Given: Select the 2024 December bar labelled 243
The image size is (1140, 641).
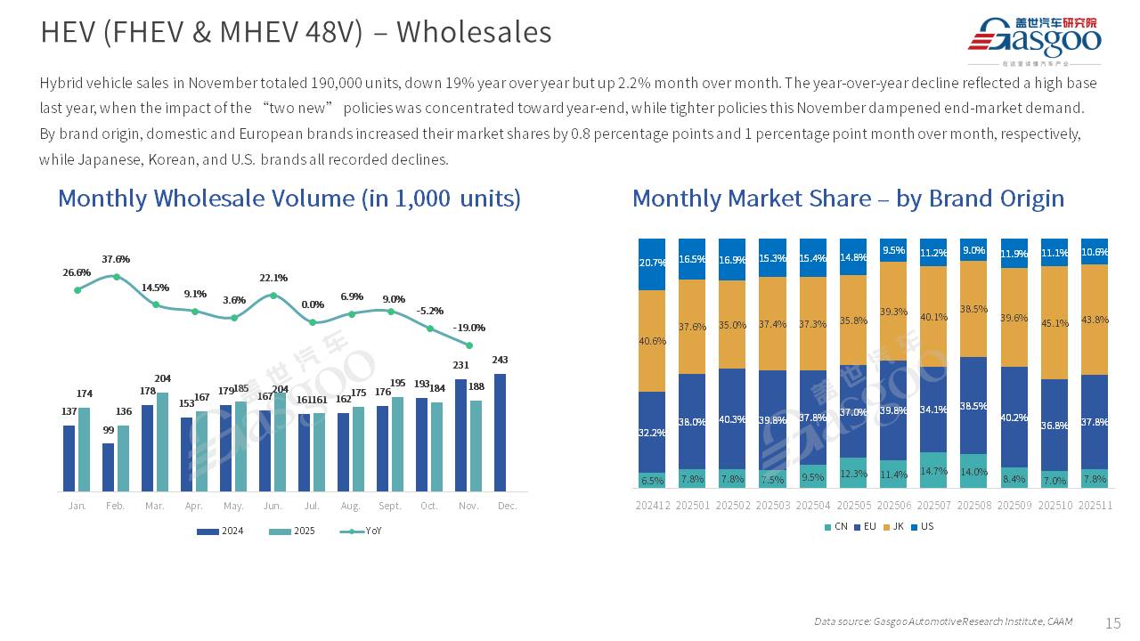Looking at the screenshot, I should pyautogui.click(x=501, y=432).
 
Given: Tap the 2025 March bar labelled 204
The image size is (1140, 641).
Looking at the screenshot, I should pyautogui.click(x=162, y=442).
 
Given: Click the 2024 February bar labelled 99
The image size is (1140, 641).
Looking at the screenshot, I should pyautogui.click(x=109, y=467).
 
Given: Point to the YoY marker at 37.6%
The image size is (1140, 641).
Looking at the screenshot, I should pyautogui.click(x=116, y=276).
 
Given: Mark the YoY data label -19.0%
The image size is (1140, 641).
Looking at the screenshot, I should pyautogui.click(x=469, y=328).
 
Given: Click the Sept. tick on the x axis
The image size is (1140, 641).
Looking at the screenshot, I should pyautogui.click(x=390, y=506).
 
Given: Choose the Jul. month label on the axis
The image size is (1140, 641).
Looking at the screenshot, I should pyautogui.click(x=312, y=506).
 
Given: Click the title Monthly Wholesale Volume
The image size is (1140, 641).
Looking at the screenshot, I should pyautogui.click(x=289, y=198).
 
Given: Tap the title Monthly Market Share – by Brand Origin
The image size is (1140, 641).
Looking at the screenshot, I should pyautogui.click(x=848, y=198).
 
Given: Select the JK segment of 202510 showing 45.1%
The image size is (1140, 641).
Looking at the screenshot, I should pyautogui.click(x=1054, y=322).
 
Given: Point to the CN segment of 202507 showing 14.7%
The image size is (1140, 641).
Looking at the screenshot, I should pyautogui.click(x=933, y=469).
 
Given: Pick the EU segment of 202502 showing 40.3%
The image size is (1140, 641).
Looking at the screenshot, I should pyautogui.click(x=732, y=418).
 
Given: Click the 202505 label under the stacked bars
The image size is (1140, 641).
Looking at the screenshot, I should pyautogui.click(x=853, y=506).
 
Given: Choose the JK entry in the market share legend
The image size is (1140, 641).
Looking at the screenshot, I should pyautogui.click(x=893, y=526).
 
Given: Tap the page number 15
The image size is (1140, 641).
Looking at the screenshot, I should pyautogui.click(x=1113, y=622).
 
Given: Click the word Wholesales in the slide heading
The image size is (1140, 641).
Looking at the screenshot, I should pyautogui.click(x=474, y=32).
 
